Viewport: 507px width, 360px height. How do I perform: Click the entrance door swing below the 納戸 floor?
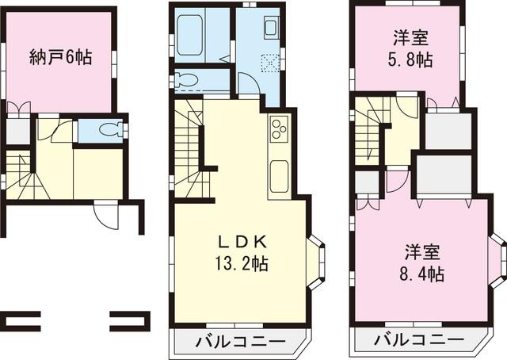[105, 215]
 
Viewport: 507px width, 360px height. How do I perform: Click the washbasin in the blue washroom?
[270, 28]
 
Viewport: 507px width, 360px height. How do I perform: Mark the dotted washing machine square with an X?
[270, 62]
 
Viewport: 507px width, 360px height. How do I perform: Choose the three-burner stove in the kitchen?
[278, 129]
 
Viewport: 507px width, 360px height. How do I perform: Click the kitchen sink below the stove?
[278, 175]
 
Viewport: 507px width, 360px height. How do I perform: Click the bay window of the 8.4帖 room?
[497, 261]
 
